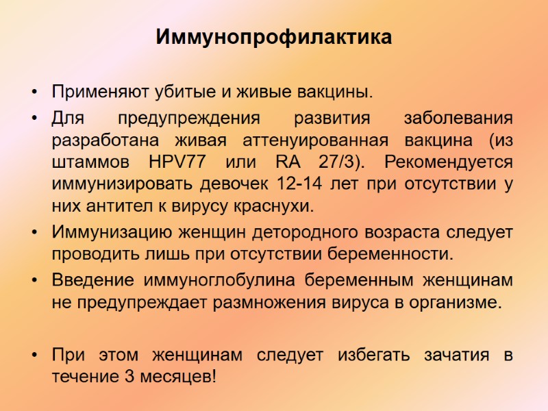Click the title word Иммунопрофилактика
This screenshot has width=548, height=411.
pyautogui.click(x=274, y=37)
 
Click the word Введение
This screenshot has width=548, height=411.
pyautogui.click(x=92, y=280)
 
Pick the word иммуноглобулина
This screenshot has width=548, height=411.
pyautogui.click(x=219, y=280)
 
